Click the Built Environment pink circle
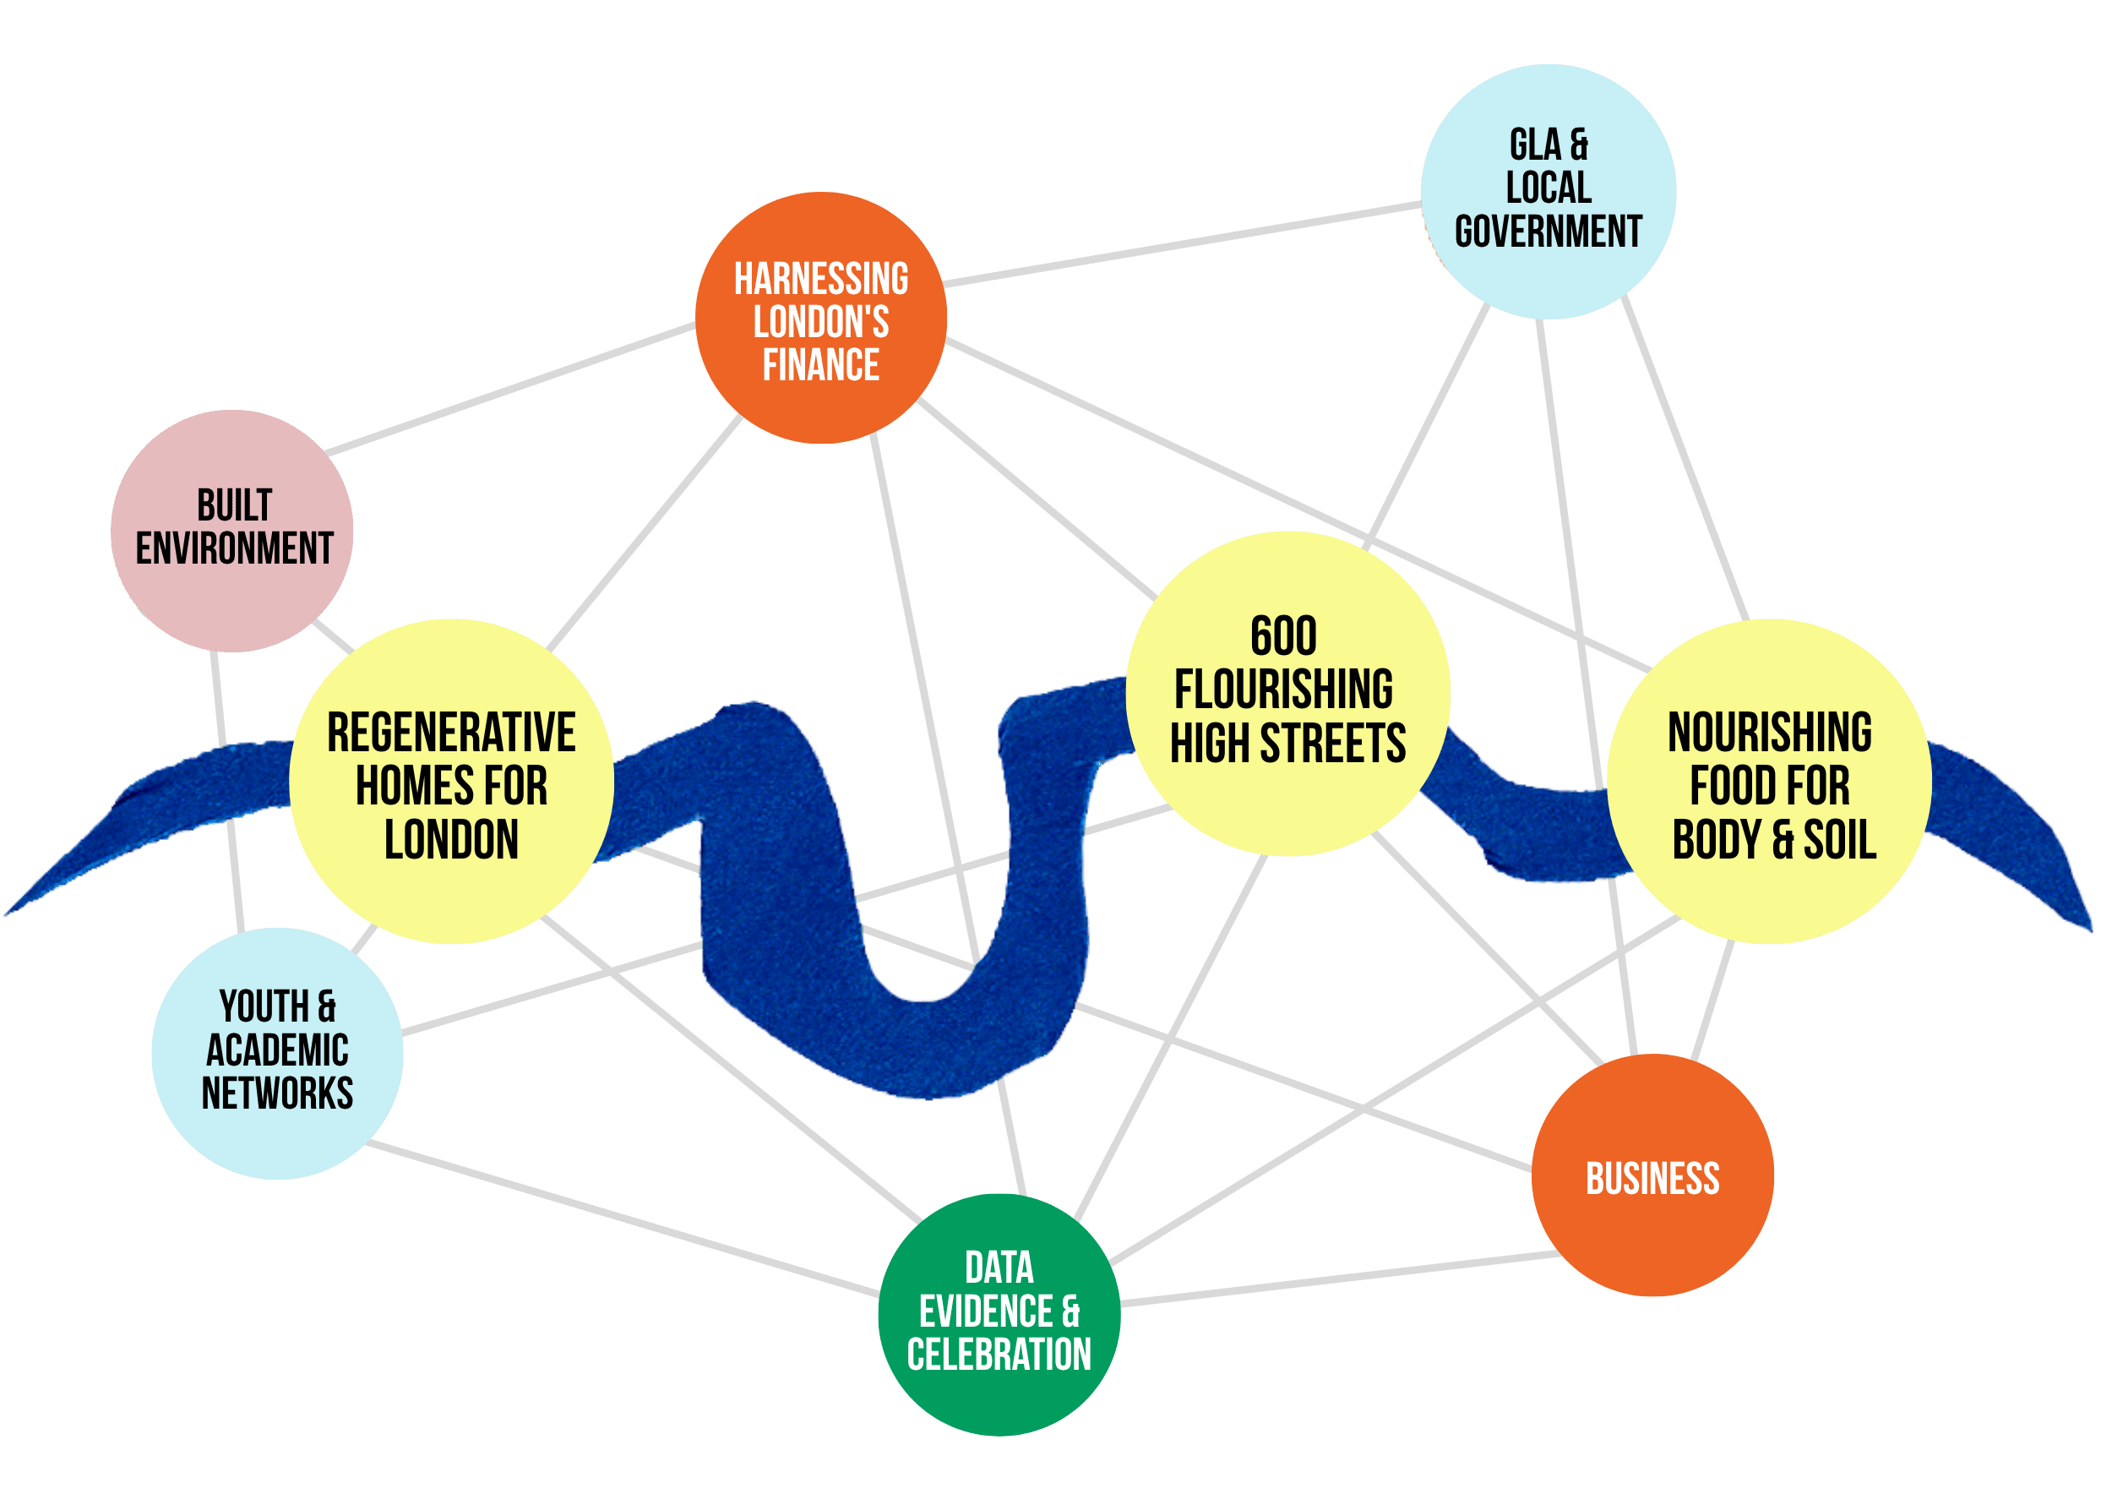pos(231,531)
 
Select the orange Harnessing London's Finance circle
pos(821,318)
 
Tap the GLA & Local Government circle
pos(1549,191)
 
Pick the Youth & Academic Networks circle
pos(277,1054)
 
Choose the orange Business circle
pos(1652,1175)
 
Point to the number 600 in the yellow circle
pos(1283,635)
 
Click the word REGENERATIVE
pos(451,733)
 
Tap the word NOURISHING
pos(1770,733)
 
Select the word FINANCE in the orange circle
pos(820,364)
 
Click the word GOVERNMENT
pos(1549,231)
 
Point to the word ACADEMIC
pos(277,1050)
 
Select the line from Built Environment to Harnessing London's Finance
pos(510,388)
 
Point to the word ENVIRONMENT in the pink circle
pos(234,548)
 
